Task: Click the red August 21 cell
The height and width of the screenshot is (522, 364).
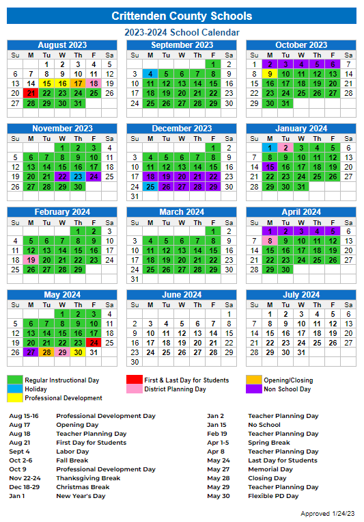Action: pos(30,93)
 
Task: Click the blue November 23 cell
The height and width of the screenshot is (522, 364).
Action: pos(78,176)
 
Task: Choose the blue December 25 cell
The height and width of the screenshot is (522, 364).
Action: pos(150,186)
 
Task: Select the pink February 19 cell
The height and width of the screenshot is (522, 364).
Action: pos(30,260)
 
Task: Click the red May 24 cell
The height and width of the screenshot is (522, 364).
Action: pos(94,343)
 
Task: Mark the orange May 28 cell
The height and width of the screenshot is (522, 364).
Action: pos(46,352)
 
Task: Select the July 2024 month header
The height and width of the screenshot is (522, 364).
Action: pos(300,295)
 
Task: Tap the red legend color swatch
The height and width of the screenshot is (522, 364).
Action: pos(134,380)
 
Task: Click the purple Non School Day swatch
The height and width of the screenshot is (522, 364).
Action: pos(253,389)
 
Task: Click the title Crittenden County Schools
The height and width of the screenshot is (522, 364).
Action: pos(182,16)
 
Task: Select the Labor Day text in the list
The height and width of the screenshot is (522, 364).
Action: pos(72,452)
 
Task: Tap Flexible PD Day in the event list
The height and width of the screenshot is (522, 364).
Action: pos(273,496)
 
